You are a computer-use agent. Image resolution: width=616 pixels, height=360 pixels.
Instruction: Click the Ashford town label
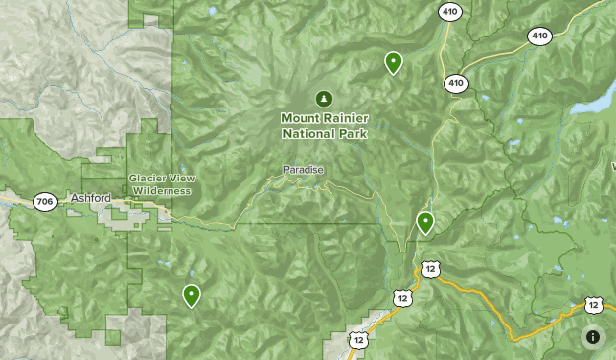(x=92, y=198)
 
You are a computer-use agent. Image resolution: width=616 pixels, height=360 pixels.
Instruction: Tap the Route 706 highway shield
(x=44, y=200)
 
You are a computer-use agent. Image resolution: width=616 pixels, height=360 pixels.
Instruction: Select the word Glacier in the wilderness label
(x=146, y=179)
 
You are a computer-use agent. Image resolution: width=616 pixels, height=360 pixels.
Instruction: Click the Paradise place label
(x=303, y=170)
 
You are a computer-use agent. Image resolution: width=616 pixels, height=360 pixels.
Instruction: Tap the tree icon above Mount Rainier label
(x=323, y=99)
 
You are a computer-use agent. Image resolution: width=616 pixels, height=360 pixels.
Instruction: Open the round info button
(x=593, y=336)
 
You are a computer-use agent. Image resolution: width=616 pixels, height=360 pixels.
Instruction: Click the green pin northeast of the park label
(x=393, y=63)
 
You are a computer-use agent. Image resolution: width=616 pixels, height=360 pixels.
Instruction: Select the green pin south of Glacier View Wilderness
(x=191, y=295)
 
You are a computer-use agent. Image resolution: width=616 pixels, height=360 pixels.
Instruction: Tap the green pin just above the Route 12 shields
(x=425, y=222)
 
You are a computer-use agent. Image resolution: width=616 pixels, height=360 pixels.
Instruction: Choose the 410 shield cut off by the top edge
(x=449, y=10)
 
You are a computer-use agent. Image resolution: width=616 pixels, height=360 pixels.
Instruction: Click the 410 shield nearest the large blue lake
(x=538, y=36)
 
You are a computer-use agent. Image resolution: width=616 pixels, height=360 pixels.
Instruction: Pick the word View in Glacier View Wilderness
(x=176, y=179)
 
